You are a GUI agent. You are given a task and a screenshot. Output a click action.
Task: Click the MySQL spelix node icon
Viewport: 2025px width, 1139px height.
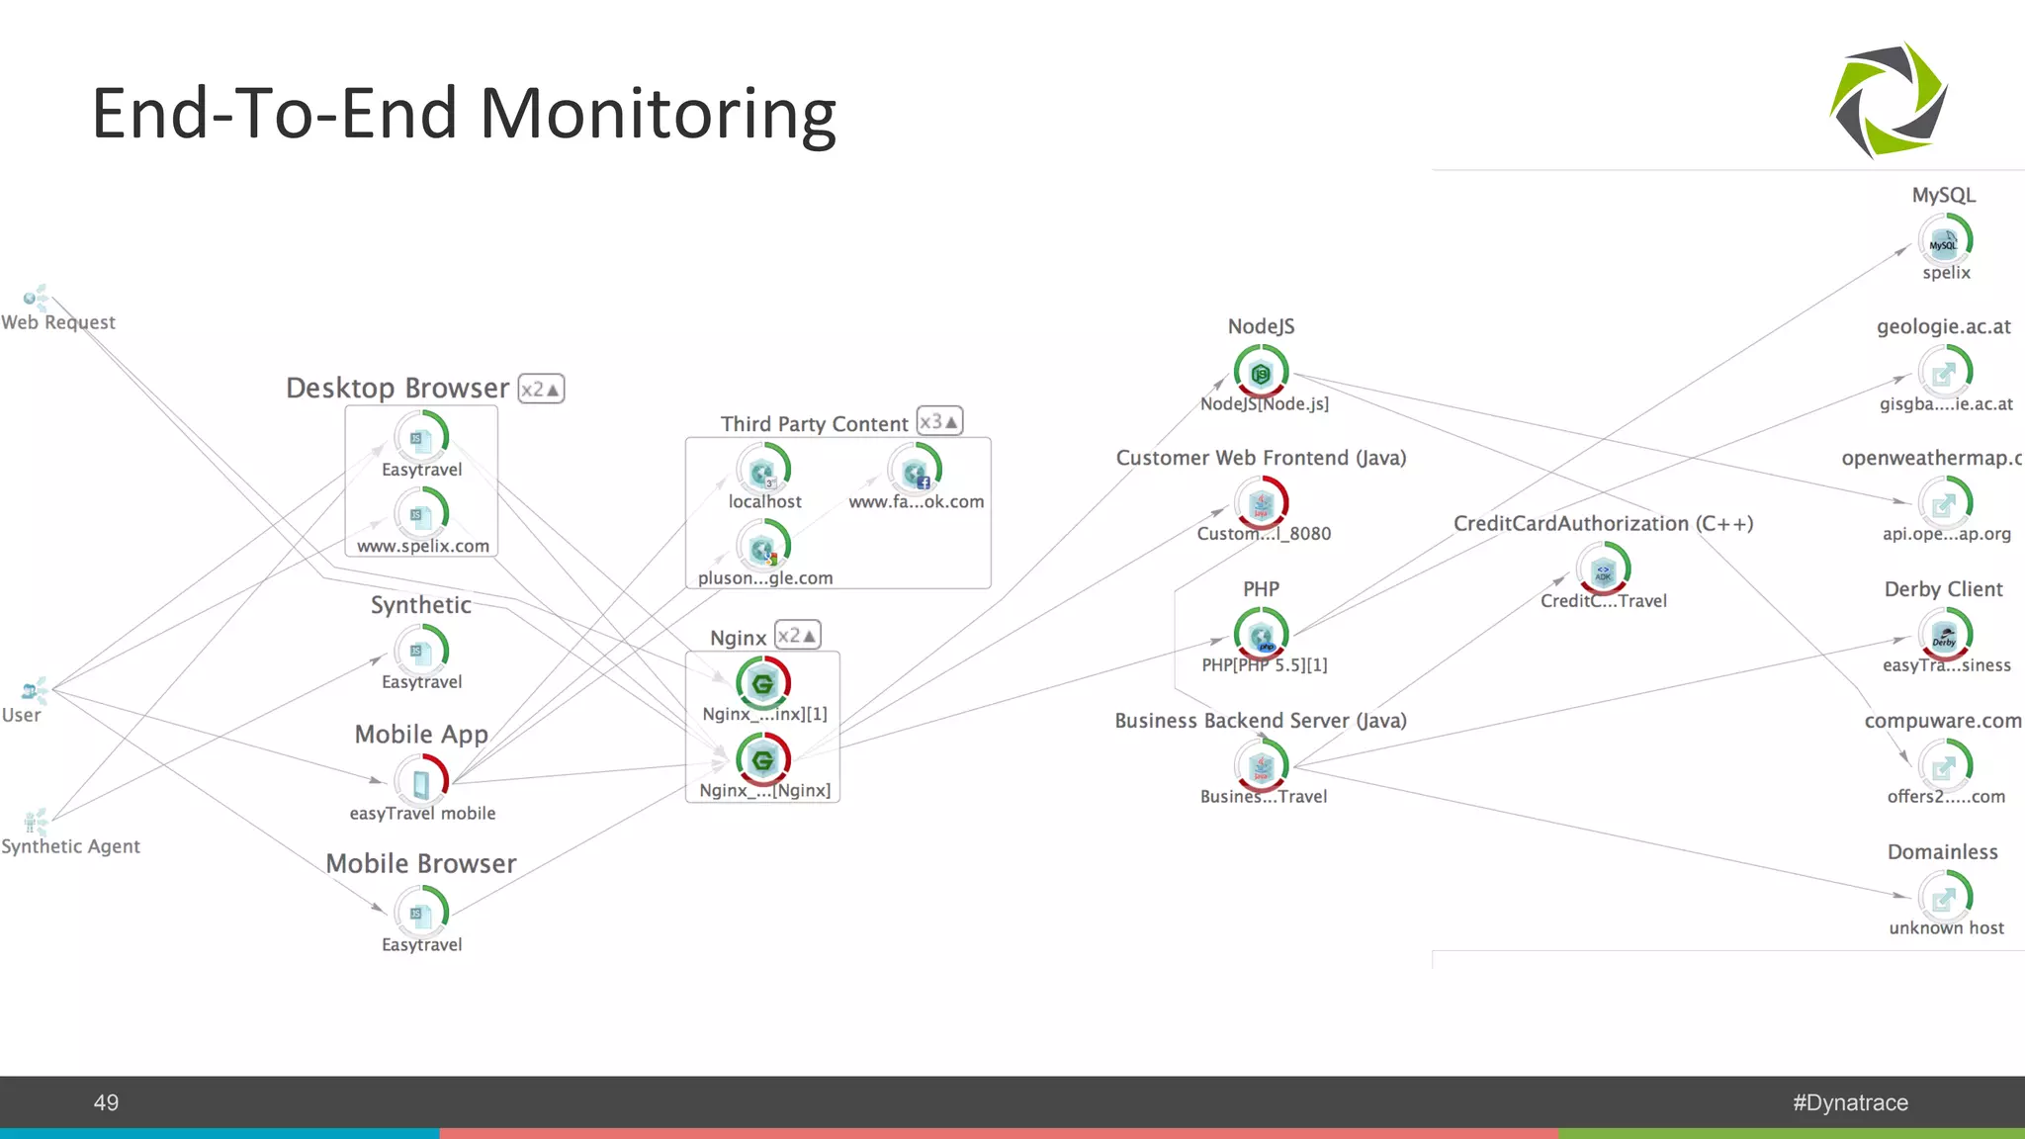(x=1945, y=240)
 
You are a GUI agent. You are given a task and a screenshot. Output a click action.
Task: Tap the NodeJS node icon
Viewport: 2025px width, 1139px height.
(x=1261, y=373)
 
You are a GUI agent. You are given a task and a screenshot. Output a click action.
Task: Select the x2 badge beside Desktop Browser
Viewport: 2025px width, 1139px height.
(x=541, y=389)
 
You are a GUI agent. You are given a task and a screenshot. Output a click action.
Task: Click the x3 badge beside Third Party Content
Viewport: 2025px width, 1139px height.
(x=938, y=421)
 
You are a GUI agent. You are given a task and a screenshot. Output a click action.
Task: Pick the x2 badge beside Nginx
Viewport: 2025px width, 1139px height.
(x=797, y=635)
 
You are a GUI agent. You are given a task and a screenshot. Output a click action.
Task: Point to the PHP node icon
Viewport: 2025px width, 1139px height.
(x=1261, y=635)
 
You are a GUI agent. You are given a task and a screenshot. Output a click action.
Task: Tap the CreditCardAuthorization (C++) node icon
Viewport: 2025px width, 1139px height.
(x=1603, y=569)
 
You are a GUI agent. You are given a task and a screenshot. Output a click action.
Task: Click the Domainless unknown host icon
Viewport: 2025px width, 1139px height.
(x=1945, y=898)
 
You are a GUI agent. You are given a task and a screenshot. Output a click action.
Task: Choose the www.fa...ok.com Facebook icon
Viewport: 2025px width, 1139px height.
(x=915, y=471)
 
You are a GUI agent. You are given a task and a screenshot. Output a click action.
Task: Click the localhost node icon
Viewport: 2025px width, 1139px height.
(x=762, y=471)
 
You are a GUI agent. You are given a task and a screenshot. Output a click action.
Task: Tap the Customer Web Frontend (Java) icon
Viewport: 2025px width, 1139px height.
(x=1261, y=503)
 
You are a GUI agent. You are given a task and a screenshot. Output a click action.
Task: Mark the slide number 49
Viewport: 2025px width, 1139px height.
(x=106, y=1102)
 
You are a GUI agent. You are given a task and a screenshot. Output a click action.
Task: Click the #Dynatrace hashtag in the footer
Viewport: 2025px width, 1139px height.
(x=1850, y=1102)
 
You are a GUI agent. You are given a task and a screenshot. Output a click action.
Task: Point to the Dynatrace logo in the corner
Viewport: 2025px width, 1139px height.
(x=1889, y=100)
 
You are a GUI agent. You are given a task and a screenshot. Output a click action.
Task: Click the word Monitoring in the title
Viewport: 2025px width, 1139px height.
(x=658, y=114)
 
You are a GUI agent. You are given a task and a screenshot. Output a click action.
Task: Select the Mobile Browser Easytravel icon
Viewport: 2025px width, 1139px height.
(x=421, y=913)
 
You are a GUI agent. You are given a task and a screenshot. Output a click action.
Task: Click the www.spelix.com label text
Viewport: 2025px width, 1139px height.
(x=422, y=546)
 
